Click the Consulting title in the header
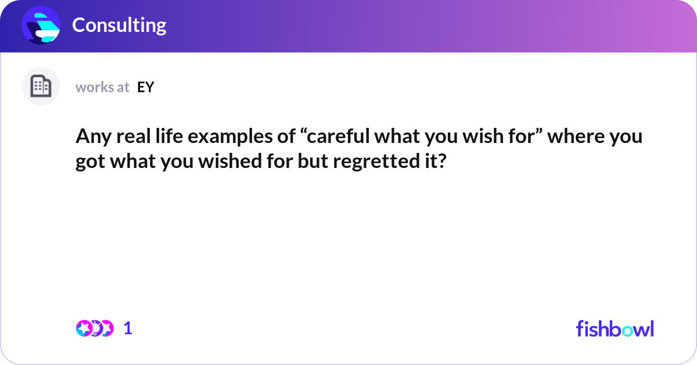119,25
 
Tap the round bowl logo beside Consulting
41,25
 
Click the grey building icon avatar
41,86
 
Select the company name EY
146,87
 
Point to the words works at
102,87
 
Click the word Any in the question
94,137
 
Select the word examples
230,137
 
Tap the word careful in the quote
339,136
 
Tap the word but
312,161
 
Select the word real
134,136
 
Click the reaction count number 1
128,328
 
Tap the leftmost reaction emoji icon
84,328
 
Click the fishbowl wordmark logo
615,328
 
